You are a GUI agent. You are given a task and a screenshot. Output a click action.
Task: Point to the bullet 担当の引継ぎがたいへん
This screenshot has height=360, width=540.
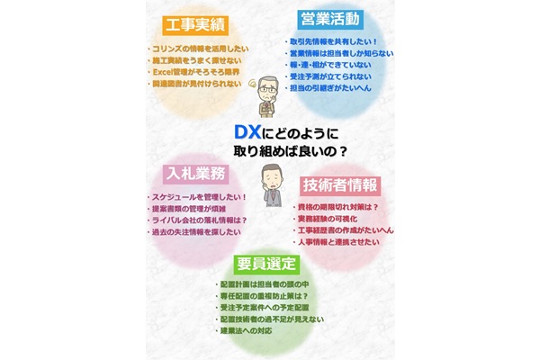330,90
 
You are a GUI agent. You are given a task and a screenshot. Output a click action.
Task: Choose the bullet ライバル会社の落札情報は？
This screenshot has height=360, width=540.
201,220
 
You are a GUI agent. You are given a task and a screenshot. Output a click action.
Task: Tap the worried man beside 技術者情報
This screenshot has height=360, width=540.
268,183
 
